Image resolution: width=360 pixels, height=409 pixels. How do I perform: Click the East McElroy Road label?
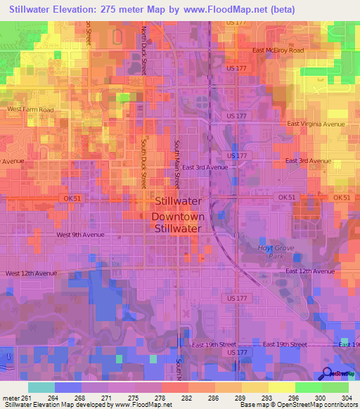278,51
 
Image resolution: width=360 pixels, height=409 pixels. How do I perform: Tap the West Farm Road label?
30,110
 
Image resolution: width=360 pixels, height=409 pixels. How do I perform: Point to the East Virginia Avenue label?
316,124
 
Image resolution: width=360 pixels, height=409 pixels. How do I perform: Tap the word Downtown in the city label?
178,216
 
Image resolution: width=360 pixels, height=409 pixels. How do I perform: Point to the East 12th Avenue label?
310,271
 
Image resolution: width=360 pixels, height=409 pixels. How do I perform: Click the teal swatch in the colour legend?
41,387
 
